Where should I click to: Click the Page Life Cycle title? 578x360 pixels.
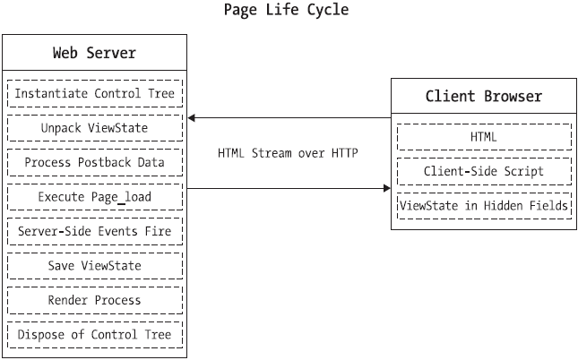click(286, 10)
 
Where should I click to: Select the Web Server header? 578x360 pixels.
click(94, 53)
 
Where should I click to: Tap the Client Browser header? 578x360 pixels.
click(484, 96)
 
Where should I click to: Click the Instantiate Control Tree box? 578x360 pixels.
click(95, 94)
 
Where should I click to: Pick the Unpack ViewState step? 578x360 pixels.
click(95, 128)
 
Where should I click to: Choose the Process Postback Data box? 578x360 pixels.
click(95, 162)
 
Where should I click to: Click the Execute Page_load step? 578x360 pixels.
click(95, 197)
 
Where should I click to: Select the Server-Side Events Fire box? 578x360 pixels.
click(95, 231)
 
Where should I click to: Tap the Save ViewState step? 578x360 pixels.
click(95, 266)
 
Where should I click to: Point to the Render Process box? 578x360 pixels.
click(95, 300)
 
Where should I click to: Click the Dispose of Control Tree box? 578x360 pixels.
click(95, 335)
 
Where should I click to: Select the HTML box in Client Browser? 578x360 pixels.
click(484, 137)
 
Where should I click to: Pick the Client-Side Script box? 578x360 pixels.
click(484, 171)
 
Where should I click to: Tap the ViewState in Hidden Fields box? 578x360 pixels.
click(484, 206)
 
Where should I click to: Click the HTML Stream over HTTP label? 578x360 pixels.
click(288, 153)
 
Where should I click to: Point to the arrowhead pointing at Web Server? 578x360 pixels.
click(191, 118)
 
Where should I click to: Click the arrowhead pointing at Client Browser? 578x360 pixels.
click(387, 188)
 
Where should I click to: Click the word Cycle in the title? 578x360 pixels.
click(328, 10)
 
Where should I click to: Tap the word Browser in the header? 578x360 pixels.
click(513, 96)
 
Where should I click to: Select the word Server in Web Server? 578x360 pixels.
click(111, 53)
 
